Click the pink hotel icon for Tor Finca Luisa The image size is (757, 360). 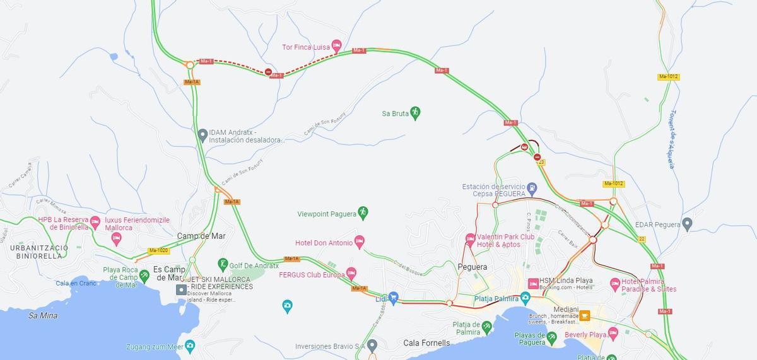(336, 46)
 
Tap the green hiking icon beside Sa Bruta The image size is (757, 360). (415, 113)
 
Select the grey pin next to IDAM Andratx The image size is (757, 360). (202, 134)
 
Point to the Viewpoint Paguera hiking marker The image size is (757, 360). (363, 212)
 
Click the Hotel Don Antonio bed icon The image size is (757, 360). (359, 241)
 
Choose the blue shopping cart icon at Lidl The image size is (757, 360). (393, 298)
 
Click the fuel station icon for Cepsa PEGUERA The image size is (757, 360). (532, 187)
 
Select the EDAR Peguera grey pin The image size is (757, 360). (688, 224)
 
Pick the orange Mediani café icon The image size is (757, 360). (584, 315)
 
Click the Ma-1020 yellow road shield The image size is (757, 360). (158, 250)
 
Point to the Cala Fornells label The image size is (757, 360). (426, 343)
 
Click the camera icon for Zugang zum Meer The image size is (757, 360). (189, 345)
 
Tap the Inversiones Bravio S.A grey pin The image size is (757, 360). (372, 345)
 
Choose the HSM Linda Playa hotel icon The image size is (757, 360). (533, 283)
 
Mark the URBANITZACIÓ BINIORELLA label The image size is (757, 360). (37, 252)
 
